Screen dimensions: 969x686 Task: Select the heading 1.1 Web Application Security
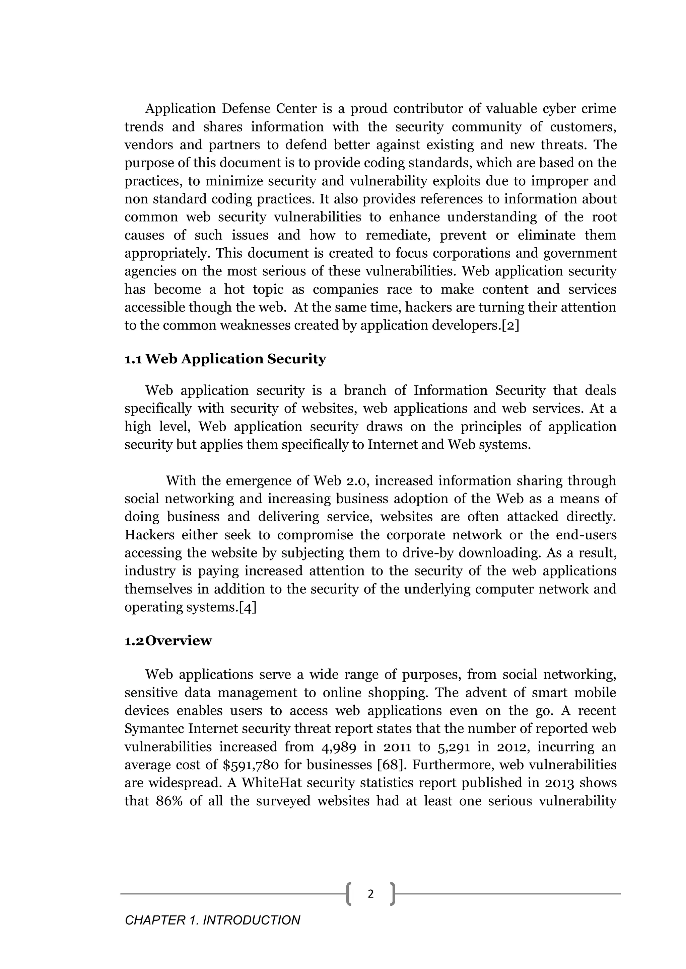pyautogui.click(x=225, y=359)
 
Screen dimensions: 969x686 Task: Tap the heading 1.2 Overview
pyautogui.click(x=168, y=641)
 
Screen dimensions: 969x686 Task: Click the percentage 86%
pyautogui.click(x=169, y=801)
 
